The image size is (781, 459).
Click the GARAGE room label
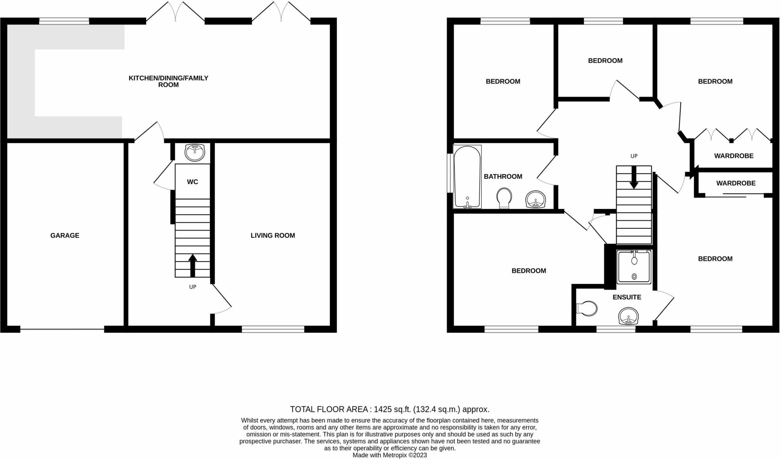pos(65,236)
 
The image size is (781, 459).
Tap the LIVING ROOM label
pos(273,236)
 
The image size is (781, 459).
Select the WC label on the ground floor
pos(192,182)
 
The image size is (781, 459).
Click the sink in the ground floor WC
pos(194,152)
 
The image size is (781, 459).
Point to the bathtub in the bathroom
pos(468,176)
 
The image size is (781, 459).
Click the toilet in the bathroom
pos(504,198)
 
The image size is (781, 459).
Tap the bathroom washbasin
pos(536,199)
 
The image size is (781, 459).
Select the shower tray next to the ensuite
pos(634,267)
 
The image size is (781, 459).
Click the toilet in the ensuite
pos(588,308)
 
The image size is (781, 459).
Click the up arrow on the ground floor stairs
pos(193,265)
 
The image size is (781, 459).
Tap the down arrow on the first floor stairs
pos(634,178)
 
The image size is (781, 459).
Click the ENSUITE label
pos(627,297)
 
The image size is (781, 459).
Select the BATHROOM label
pos(503,176)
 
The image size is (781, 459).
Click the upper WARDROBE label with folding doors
pos(734,156)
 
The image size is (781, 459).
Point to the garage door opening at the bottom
pos(62,329)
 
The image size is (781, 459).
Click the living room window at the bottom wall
pos(273,329)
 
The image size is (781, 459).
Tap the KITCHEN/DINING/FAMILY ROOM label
pos(169,81)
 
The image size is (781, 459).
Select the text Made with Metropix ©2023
pos(390,455)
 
